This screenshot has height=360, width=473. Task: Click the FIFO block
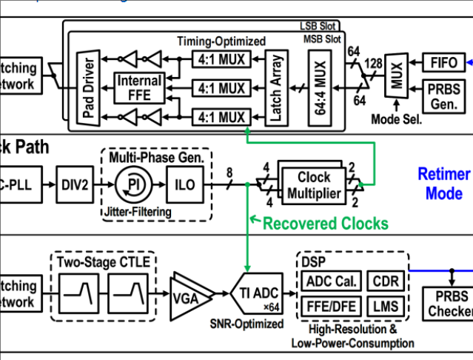(x=444, y=61)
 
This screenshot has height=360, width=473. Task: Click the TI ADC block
(x=259, y=294)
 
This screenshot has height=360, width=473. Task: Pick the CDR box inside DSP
(x=386, y=281)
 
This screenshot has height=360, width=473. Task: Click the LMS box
(x=386, y=305)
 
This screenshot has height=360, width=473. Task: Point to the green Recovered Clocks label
(x=325, y=222)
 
